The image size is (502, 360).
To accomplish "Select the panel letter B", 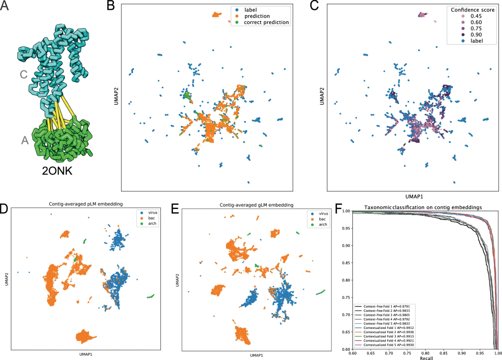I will pyautogui.click(x=111, y=6).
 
